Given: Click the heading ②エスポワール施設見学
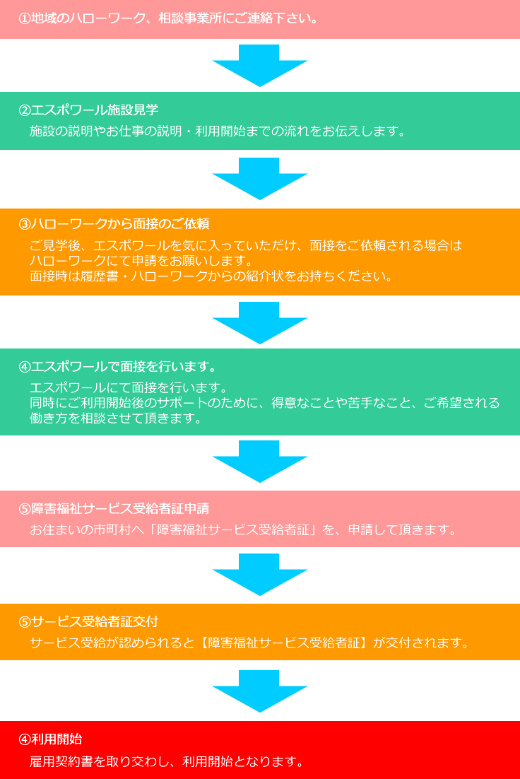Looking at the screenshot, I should (x=88, y=110).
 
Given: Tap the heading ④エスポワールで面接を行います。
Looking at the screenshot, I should (x=117, y=367).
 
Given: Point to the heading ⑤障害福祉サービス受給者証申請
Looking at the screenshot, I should (x=114, y=509).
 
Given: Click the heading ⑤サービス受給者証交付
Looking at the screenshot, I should (x=88, y=622).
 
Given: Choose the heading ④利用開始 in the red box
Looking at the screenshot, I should (x=50, y=739).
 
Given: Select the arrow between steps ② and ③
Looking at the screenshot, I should (x=259, y=178).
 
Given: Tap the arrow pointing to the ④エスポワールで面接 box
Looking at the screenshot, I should (x=259, y=322).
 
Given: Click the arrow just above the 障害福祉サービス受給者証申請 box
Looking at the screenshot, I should (x=259, y=461).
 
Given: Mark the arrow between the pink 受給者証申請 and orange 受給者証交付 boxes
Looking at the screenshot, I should (x=259, y=574).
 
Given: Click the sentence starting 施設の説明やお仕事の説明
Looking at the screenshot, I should (x=217, y=131).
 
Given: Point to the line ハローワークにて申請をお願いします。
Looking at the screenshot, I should (x=141, y=261).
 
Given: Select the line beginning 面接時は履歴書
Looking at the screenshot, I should (x=211, y=276).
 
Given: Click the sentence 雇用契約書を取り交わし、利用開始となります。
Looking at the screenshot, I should (x=167, y=761).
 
